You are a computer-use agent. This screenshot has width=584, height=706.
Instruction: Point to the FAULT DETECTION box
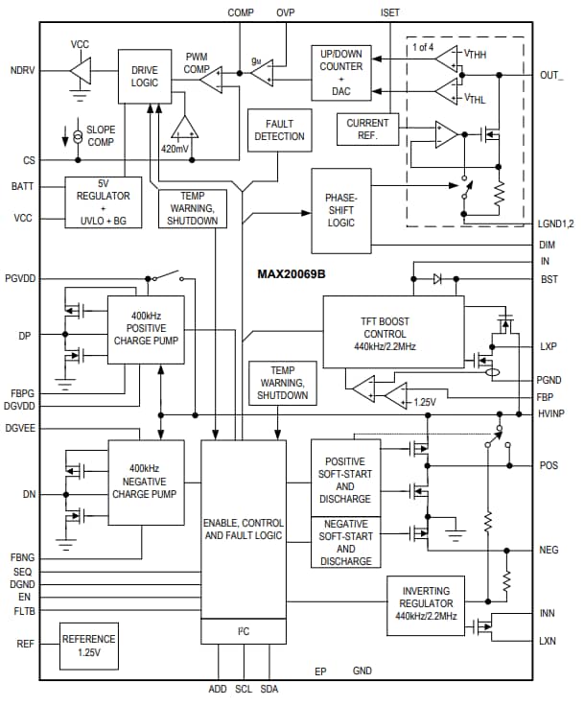pyautogui.click(x=279, y=130)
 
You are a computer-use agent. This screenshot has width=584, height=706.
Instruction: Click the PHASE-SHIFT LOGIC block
pyautogui.click(x=340, y=210)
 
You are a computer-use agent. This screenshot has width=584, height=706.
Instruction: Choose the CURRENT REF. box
pyautogui.click(x=367, y=129)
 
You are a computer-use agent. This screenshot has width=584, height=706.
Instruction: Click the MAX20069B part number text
pyautogui.click(x=292, y=273)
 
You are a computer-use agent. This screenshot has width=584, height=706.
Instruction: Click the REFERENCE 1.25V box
pyautogui.click(x=88, y=645)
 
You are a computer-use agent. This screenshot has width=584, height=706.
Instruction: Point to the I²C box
pyautogui.click(x=244, y=631)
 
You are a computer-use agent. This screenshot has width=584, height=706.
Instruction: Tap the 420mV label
pyautogui.click(x=175, y=150)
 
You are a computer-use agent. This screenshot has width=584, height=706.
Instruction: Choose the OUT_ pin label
pyautogui.click(x=552, y=75)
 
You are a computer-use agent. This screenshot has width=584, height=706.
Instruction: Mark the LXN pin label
pyautogui.click(x=549, y=641)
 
